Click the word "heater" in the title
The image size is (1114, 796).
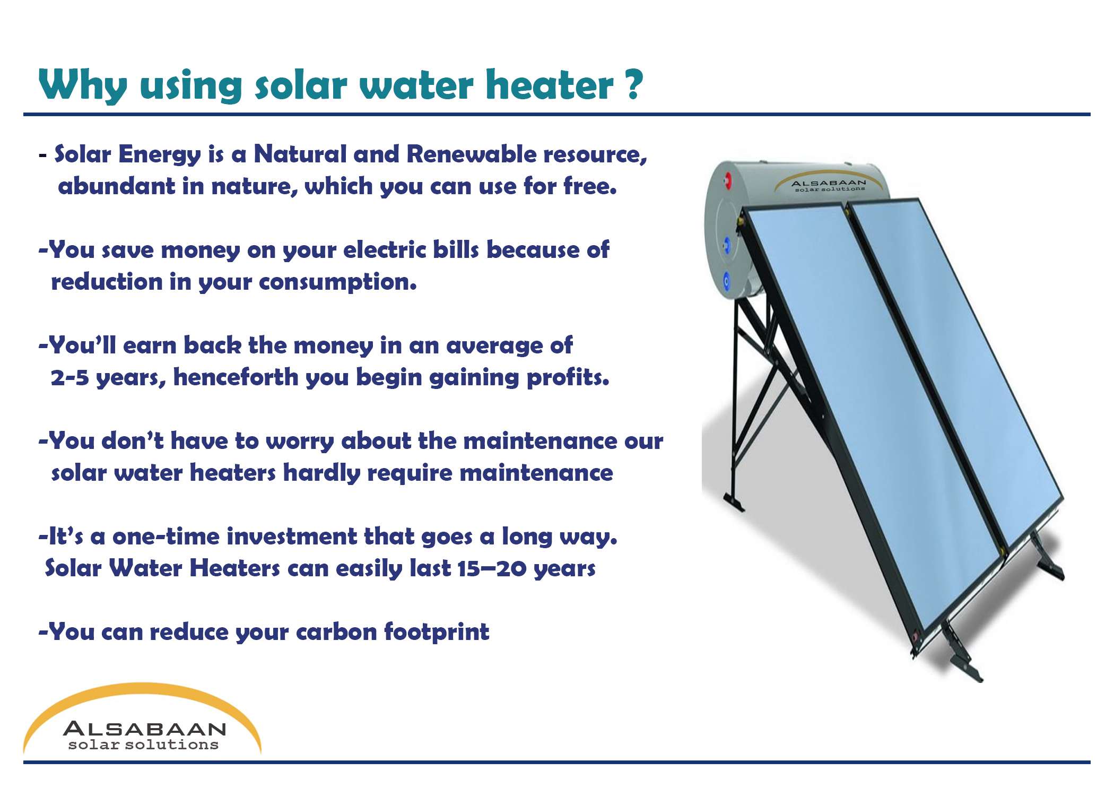click(550, 84)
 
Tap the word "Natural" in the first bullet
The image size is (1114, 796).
click(300, 154)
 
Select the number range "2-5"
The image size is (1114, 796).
click(69, 378)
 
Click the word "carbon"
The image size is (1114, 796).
click(336, 631)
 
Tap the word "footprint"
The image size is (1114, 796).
click(437, 633)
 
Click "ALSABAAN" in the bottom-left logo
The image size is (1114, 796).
click(145, 729)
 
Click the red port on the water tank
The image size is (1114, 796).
click(728, 181)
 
